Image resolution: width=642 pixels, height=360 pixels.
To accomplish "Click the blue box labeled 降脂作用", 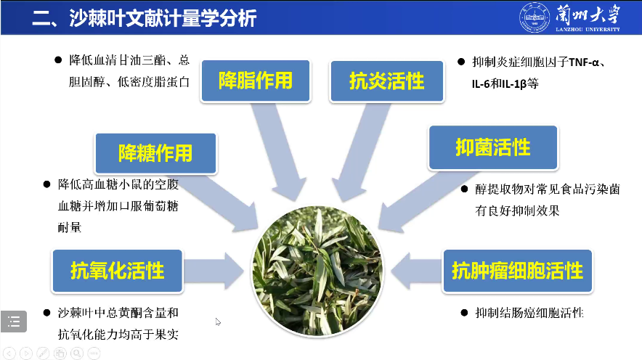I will [255, 80].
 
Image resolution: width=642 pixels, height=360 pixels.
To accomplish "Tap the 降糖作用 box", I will [155, 152].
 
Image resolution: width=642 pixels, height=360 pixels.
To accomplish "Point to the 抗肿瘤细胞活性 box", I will [517, 271].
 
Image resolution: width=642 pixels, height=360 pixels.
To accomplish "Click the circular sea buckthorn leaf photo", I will [317, 268].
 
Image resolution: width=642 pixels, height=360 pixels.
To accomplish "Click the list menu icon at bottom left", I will [14, 320].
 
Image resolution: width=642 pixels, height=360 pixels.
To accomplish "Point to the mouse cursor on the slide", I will [218, 322].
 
